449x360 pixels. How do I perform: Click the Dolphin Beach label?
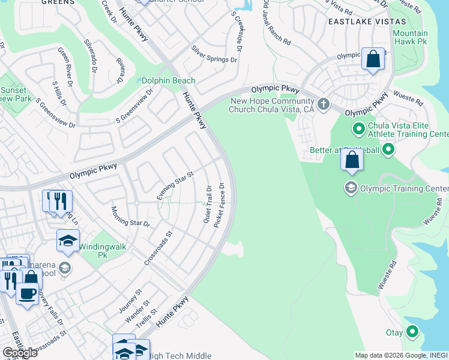click(168, 81)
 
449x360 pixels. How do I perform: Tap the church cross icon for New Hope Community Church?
click(324, 104)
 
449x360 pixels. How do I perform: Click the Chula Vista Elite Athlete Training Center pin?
click(359, 128)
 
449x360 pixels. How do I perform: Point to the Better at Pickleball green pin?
click(388, 149)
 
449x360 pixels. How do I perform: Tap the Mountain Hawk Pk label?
click(411, 38)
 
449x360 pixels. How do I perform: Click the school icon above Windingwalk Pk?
click(68, 241)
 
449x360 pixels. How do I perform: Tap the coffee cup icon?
click(27, 294)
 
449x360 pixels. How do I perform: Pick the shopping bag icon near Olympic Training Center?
click(352, 160)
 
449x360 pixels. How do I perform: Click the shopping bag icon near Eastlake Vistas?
click(373, 59)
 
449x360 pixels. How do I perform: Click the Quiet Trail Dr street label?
click(208, 205)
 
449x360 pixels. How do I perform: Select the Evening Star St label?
click(175, 186)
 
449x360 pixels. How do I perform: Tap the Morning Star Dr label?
click(130, 217)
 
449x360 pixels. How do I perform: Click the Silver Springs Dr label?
click(214, 55)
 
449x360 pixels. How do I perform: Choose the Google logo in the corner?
click(19, 353)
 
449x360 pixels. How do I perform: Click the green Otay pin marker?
click(412, 331)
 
